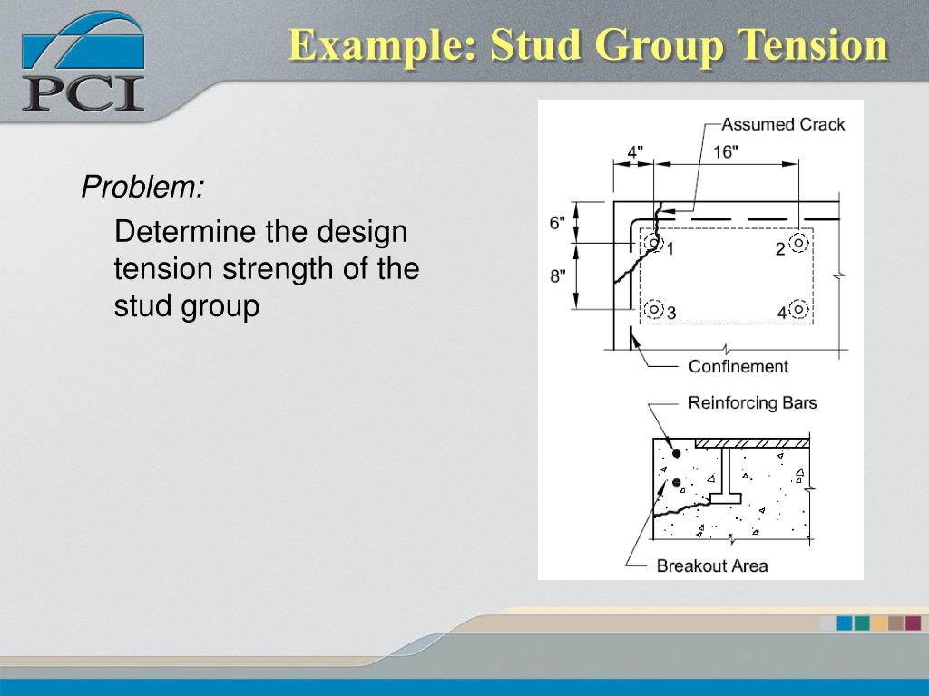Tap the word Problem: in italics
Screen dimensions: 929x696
tap(142, 188)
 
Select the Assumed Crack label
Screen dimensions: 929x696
tap(783, 124)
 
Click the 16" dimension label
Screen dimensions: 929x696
tap(725, 151)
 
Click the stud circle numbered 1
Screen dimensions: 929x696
tap(652, 243)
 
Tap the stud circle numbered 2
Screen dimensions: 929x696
tap(797, 243)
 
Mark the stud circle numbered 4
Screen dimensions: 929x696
tap(797, 309)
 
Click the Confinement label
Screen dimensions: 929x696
tap(738, 366)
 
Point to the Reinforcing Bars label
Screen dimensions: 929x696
tap(752, 402)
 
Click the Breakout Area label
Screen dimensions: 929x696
tap(712, 565)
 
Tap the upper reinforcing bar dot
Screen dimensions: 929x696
tap(676, 453)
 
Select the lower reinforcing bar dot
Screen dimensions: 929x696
tap(676, 482)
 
